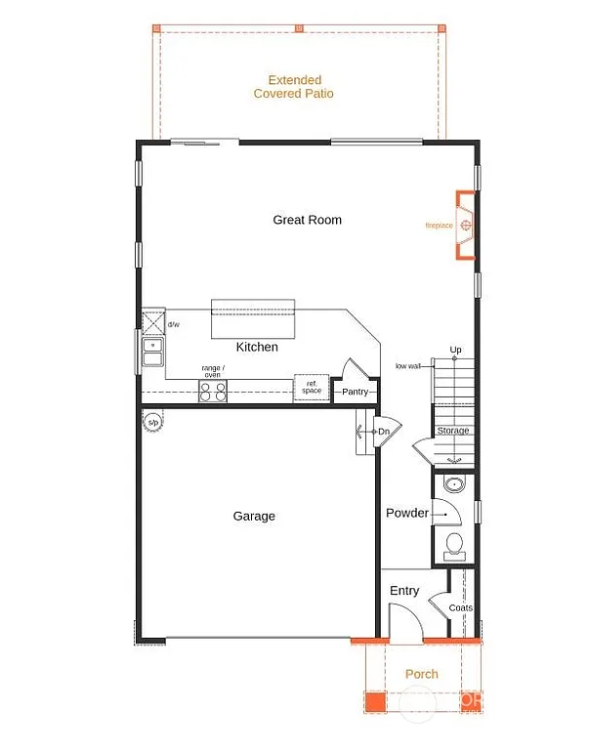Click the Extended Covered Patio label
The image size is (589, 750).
point(293,87)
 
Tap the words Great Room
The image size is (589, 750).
point(307,220)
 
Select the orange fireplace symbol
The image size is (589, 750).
point(465,227)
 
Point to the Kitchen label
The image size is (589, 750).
point(257,347)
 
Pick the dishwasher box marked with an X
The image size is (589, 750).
point(153,321)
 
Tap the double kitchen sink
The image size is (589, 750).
point(153,352)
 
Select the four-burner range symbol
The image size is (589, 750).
point(213,391)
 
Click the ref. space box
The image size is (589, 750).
point(311,388)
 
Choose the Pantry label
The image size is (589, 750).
point(355,392)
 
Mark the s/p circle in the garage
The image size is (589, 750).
point(153,422)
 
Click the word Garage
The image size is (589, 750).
point(254,516)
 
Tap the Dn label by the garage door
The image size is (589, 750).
point(384,431)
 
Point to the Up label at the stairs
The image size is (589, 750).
point(455,349)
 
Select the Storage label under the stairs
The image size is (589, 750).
point(452,431)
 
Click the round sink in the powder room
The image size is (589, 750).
point(452,485)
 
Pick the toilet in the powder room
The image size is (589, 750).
point(453,545)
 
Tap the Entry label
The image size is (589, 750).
point(404,591)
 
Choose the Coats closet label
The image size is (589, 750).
point(460,607)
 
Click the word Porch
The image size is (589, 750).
point(422,674)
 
